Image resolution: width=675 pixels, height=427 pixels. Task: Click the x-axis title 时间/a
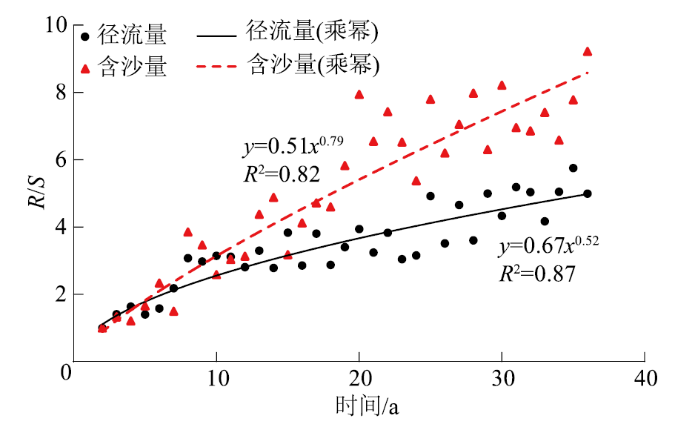(368, 406)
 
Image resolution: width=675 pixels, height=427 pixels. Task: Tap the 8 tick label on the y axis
(56, 93)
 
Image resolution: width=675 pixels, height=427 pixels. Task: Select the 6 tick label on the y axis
(56, 160)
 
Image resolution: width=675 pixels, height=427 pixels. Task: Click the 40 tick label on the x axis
(645, 376)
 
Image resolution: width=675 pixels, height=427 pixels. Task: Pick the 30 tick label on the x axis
(502, 376)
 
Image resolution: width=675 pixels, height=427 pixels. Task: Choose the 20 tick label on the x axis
(359, 376)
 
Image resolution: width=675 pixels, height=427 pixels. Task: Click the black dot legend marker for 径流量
(87, 36)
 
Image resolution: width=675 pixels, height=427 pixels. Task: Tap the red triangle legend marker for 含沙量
(87, 68)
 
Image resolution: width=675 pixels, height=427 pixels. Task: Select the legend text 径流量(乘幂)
(312, 33)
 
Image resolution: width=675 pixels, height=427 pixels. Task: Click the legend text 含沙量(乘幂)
(312, 67)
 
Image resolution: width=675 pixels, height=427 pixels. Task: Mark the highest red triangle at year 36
(588, 51)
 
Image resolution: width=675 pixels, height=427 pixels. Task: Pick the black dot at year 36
(588, 193)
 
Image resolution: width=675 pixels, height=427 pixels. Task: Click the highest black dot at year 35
(573, 168)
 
